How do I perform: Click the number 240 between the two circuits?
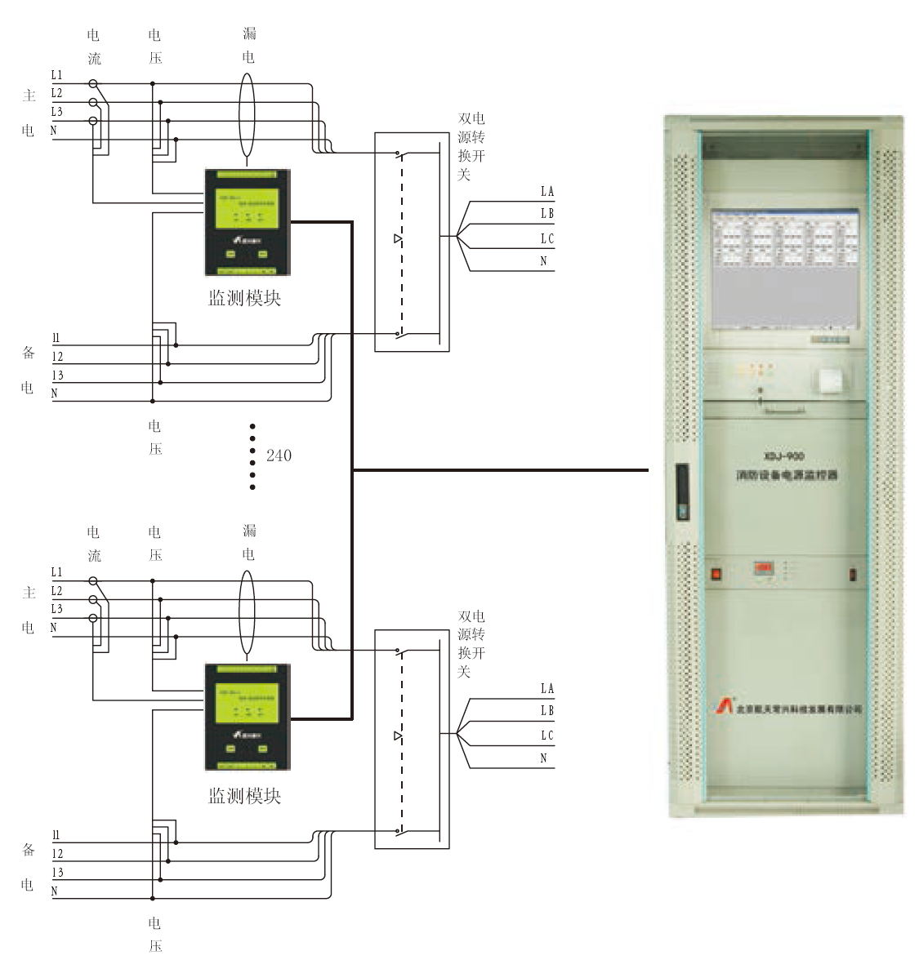coord(279,456)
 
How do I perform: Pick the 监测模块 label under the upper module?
coord(244,299)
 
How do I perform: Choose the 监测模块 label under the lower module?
coord(244,796)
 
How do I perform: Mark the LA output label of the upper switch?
coord(546,191)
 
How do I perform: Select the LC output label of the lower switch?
coord(546,736)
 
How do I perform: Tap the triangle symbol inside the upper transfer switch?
coord(398,239)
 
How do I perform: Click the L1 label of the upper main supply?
coord(56,74)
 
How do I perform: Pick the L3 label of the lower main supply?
coord(56,609)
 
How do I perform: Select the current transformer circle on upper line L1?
coord(93,83)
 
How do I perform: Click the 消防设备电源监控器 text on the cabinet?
coord(787,474)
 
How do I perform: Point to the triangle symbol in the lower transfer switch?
coord(398,736)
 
